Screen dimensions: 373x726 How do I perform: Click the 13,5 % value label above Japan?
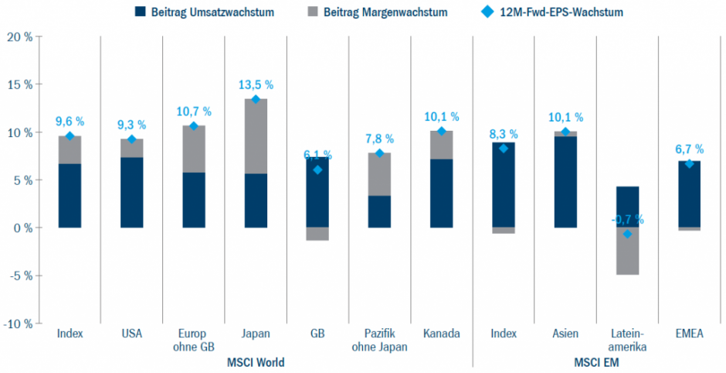tap(256, 84)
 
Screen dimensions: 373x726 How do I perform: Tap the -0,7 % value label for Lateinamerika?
tap(627, 220)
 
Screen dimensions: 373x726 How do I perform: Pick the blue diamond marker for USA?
tap(132, 139)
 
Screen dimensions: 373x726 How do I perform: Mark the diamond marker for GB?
tap(317, 169)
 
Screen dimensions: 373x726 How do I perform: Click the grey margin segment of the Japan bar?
tap(256, 136)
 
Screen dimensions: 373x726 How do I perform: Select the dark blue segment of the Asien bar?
tap(565, 182)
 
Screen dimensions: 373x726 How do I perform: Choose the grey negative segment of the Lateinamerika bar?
tap(627, 251)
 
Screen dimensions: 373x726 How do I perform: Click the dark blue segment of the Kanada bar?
tap(442, 193)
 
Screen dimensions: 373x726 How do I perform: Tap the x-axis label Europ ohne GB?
tap(194, 340)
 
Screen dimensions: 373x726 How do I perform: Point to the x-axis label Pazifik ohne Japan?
tap(379, 340)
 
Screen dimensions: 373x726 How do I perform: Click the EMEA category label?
tap(689, 334)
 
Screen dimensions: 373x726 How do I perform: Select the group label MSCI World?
tap(256, 361)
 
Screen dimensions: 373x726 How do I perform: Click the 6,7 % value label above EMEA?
tap(689, 149)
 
